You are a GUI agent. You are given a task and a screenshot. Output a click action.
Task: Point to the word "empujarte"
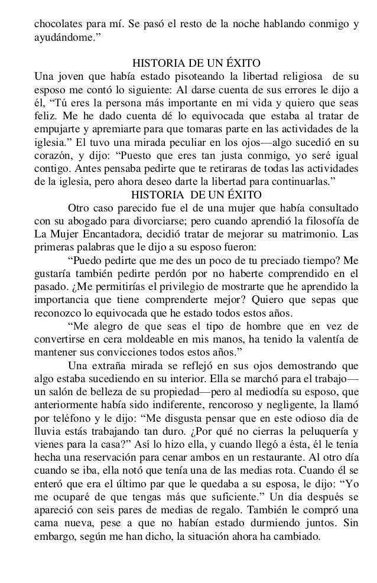click(x=57, y=128)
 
